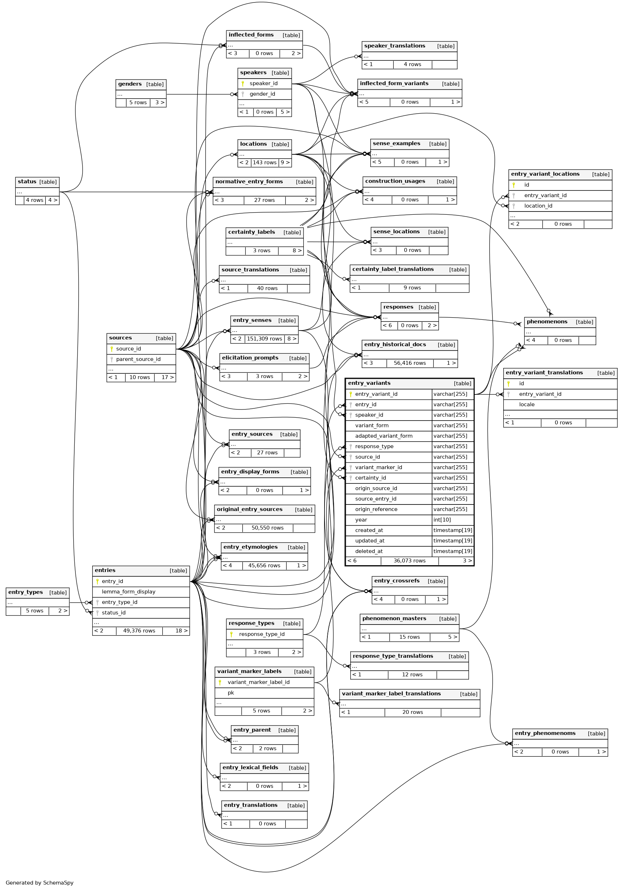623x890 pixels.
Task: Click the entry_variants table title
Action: (x=369, y=383)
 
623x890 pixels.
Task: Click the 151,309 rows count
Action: (x=264, y=339)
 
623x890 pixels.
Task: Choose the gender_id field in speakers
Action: (x=262, y=94)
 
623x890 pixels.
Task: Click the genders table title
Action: (x=130, y=84)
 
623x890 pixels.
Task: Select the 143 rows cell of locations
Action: (x=264, y=163)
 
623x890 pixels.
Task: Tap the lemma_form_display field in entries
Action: (x=128, y=592)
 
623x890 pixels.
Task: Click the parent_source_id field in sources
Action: (x=138, y=359)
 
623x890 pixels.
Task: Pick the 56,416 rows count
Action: (x=409, y=363)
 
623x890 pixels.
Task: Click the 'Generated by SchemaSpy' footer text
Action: (x=40, y=882)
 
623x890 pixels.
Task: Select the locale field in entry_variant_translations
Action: (x=526, y=404)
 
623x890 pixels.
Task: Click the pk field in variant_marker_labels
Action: (x=231, y=693)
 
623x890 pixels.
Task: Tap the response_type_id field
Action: (x=262, y=634)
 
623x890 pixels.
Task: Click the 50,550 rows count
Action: (x=267, y=528)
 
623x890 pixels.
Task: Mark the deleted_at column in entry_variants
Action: (x=369, y=551)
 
